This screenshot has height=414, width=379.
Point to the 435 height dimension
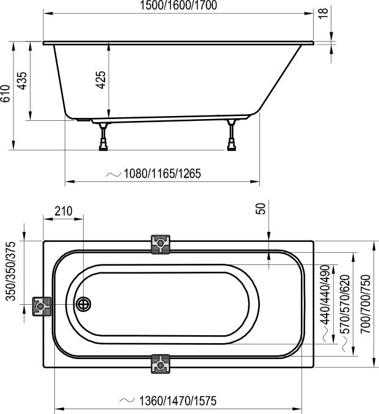point(23,81)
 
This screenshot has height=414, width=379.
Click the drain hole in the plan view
point(83,304)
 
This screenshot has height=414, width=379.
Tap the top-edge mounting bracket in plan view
point(160,244)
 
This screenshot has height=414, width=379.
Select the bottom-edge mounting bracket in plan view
point(160,364)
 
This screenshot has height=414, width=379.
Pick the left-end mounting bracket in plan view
point(40,305)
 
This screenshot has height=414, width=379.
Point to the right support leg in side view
point(231,136)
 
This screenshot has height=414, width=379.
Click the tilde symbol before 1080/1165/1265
point(114,173)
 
